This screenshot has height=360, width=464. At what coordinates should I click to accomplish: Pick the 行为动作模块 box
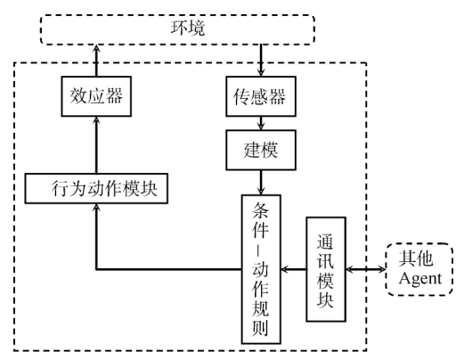click(x=96, y=188)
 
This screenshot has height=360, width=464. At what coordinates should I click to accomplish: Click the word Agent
click(x=420, y=280)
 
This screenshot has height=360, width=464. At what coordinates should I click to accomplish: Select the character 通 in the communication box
click(x=326, y=241)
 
